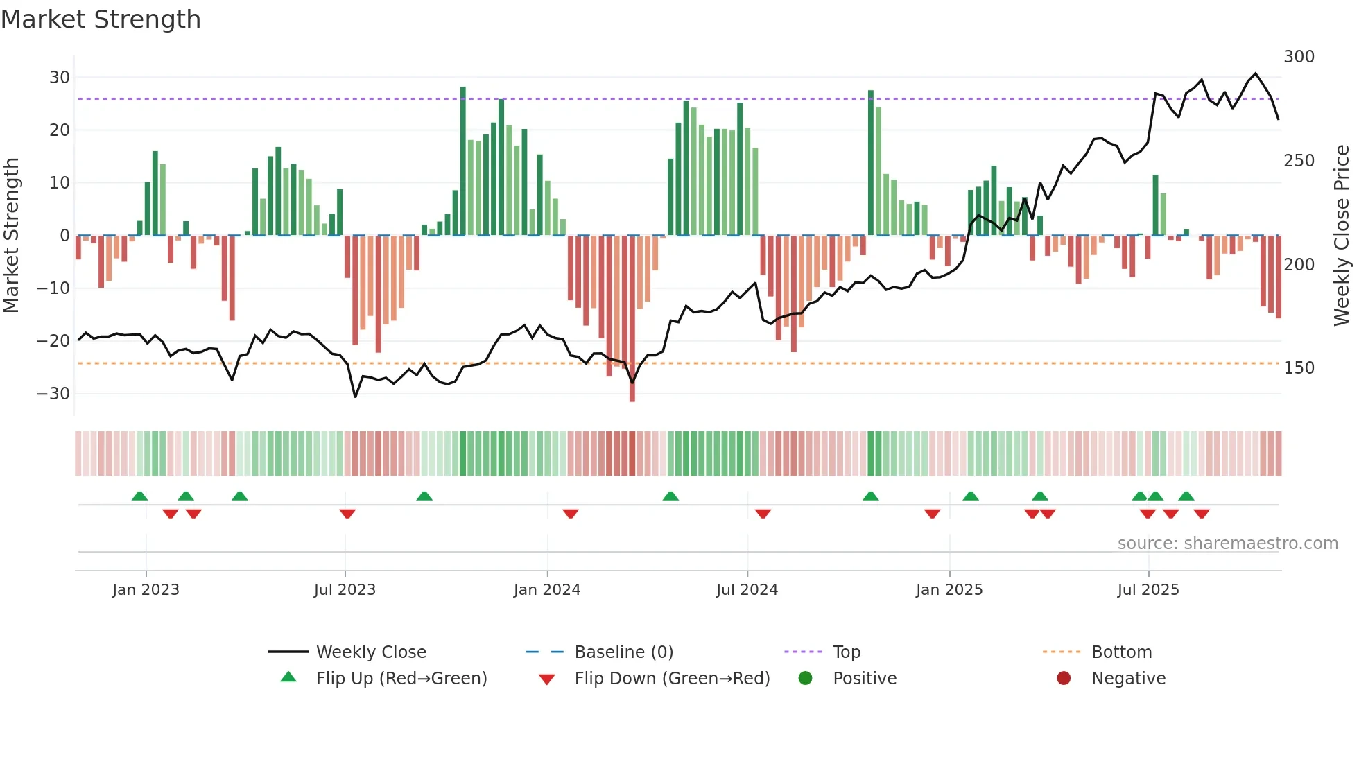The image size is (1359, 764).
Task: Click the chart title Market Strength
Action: (101, 19)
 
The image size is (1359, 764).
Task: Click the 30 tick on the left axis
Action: (60, 77)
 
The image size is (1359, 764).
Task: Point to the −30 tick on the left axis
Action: (53, 393)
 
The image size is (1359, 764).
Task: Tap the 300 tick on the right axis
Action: (1299, 57)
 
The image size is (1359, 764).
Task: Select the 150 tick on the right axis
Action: (1299, 368)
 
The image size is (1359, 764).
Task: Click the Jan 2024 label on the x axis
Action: (547, 590)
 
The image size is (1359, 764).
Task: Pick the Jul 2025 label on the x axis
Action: (1148, 590)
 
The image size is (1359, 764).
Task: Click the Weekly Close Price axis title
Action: (1342, 236)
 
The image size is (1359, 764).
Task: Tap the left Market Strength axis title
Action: (11, 236)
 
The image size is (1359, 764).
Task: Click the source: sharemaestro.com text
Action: (1227, 544)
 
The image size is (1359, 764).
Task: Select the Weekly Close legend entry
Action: (371, 652)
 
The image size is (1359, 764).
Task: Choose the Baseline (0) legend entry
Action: (623, 652)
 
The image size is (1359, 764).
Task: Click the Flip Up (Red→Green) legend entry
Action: (401, 679)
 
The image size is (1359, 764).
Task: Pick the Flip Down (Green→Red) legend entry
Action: (672, 679)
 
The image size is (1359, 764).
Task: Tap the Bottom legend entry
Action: (1121, 652)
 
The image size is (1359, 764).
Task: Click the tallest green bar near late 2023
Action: (463, 159)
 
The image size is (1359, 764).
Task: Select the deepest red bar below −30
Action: (632, 319)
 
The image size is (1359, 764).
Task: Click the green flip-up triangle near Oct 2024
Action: (871, 496)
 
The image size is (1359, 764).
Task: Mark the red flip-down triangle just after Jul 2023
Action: (347, 514)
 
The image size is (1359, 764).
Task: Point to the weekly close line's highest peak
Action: (1256, 73)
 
